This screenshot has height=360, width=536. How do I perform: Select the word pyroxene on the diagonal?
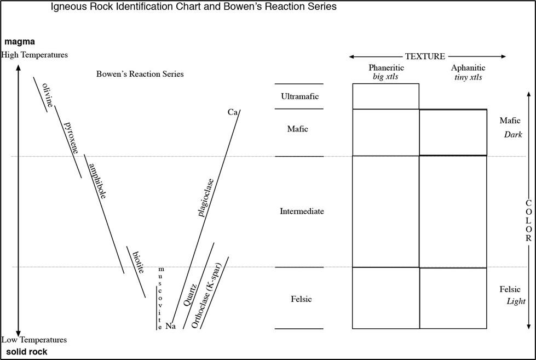pyautogui.click(x=71, y=136)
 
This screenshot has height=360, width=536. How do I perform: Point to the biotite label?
pyautogui.click(x=138, y=262)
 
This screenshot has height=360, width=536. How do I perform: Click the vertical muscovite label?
pyautogui.click(x=160, y=295)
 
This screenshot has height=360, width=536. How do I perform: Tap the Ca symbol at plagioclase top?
pyautogui.click(x=232, y=112)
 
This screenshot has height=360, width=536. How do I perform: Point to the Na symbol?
pyautogui.click(x=170, y=326)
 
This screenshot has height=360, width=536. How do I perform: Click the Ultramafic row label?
pyautogui.click(x=299, y=96)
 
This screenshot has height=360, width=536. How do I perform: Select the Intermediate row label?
pyautogui.click(x=302, y=211)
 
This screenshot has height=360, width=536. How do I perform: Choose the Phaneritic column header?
pyautogui.click(x=386, y=68)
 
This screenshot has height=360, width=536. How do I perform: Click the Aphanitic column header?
pyautogui.click(x=468, y=68)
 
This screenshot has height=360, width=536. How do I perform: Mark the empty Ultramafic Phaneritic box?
pyautogui.click(x=385, y=96)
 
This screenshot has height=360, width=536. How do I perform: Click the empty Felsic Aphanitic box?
pyautogui.click(x=453, y=298)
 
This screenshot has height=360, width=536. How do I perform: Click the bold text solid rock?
pyautogui.click(x=26, y=351)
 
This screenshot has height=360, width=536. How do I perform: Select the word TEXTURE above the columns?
pyautogui.click(x=425, y=56)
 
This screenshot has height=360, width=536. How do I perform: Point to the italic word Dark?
pyautogui.click(x=515, y=133)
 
